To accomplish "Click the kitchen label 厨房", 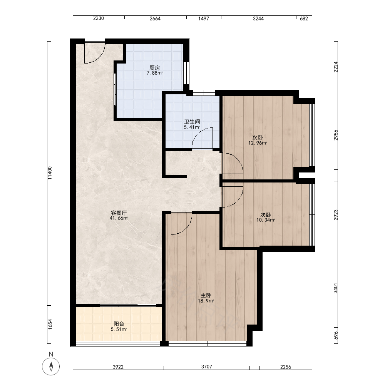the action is pos(154,68).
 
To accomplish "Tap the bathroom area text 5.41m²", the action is pos(192,127).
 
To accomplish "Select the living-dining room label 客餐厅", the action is pos(119,213).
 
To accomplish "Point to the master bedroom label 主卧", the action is pos(206,295).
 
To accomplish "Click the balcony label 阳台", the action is pos(119,324).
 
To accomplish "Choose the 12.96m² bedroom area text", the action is pos(258,143).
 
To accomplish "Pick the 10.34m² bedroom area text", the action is pos(266,220).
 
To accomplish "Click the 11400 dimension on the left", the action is pos(50,173).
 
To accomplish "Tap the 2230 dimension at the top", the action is pos(99,18).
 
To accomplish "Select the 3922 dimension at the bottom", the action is pos(118,367).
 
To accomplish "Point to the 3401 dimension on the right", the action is pos(336,288).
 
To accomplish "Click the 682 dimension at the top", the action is pos(304,18).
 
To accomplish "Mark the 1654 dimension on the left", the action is pos(50,324).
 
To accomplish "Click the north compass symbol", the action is pos(51,367).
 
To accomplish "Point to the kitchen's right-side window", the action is pos(187,73).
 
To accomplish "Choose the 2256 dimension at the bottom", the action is pos(286,367).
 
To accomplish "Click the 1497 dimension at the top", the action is pos(204,18).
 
